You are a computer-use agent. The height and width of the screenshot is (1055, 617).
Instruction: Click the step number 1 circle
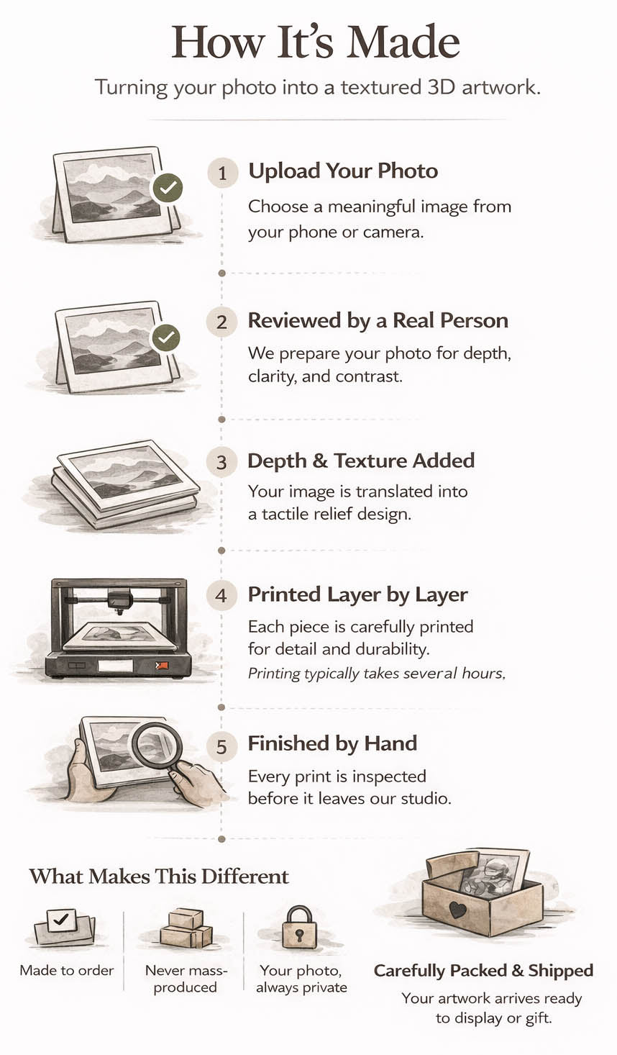tap(222, 173)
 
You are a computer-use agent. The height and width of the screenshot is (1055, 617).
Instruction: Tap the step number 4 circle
tap(221, 595)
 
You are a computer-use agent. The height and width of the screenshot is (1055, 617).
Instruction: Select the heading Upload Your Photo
tap(343, 171)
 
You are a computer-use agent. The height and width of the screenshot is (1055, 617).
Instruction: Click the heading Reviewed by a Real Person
tap(378, 321)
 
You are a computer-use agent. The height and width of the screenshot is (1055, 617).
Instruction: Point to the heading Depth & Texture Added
tap(361, 461)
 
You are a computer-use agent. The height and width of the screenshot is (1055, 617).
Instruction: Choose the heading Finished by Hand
tap(332, 743)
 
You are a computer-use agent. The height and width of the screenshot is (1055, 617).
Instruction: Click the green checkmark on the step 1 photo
tap(167, 189)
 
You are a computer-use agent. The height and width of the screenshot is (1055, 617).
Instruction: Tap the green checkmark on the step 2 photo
tap(165, 338)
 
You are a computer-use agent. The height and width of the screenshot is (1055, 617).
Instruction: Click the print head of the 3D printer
tap(120, 601)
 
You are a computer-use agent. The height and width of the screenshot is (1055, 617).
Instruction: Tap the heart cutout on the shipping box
tap(457, 910)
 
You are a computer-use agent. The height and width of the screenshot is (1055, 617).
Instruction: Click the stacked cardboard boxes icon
tap(186, 928)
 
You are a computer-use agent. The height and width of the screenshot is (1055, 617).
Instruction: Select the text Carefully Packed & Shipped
tap(483, 971)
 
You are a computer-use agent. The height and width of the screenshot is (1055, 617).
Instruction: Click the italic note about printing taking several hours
tap(377, 674)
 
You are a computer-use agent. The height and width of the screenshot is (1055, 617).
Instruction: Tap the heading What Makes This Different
tap(159, 877)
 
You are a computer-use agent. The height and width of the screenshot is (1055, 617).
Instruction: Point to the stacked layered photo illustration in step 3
tap(124, 484)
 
